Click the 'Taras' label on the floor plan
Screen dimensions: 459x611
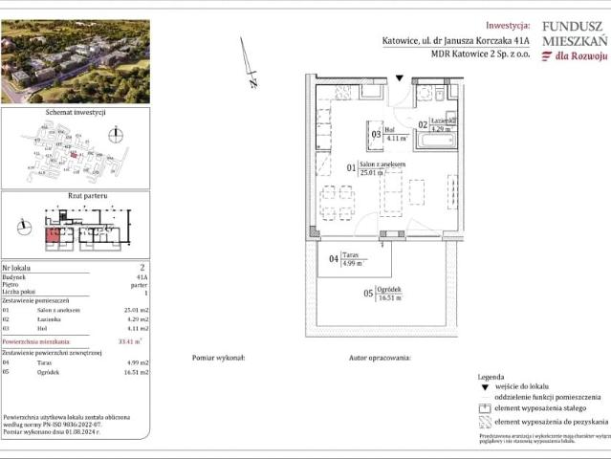pos(351,256)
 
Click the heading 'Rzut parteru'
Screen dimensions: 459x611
pos(75,196)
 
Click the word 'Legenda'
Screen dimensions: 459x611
pos(491,378)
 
